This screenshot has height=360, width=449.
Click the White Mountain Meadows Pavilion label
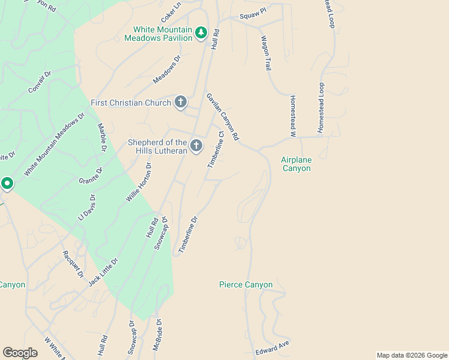coord(158,34)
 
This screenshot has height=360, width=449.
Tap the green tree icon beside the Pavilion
coord(202,32)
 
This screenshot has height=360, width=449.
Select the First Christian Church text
coord(131,103)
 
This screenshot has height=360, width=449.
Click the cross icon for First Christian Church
coord(180,102)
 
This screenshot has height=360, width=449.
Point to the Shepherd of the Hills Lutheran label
coord(158,146)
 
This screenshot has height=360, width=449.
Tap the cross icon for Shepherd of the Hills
coord(196,146)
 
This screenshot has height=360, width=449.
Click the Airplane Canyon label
coord(296,164)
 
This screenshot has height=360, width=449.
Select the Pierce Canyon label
coord(246,284)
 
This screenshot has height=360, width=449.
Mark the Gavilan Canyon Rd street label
coord(223,117)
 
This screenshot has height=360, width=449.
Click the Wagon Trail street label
coord(266,53)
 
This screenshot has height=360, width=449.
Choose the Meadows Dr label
coord(167,70)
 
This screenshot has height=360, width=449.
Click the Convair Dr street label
coord(40,82)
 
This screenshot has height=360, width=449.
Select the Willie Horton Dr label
coord(139,182)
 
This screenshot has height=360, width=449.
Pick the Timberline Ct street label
coord(215,150)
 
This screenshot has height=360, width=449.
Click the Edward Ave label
coord(273,347)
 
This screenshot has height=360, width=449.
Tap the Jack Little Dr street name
coord(103,272)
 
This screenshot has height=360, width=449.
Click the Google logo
coord(20,353)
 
